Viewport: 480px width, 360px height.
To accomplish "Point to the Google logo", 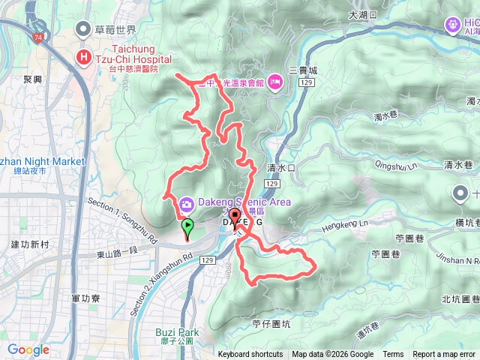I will [x=28, y=349].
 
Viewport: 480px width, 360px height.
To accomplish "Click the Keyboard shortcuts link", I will [x=250, y=355].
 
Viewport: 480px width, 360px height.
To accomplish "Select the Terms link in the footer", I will [x=393, y=355].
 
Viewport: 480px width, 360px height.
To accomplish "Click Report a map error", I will [x=444, y=355].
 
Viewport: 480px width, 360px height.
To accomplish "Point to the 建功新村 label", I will [x=30, y=244].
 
